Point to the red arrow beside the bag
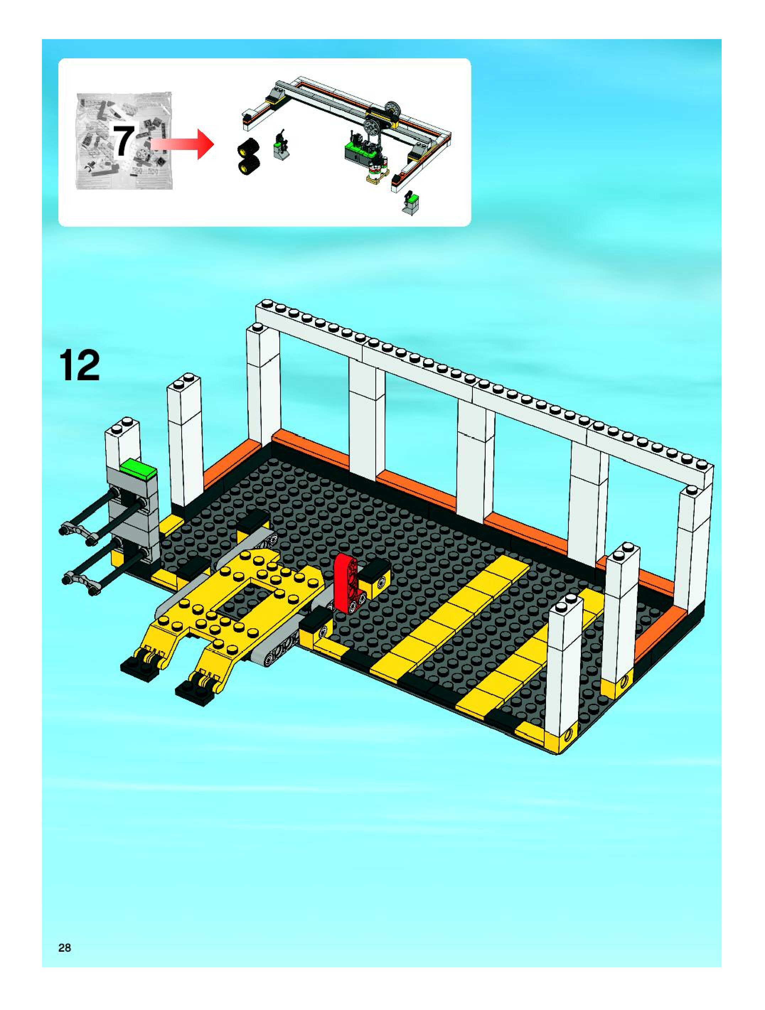click(x=182, y=144)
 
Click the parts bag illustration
click(x=124, y=141)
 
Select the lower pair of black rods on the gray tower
click(x=107, y=568)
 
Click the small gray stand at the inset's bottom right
click(x=410, y=204)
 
